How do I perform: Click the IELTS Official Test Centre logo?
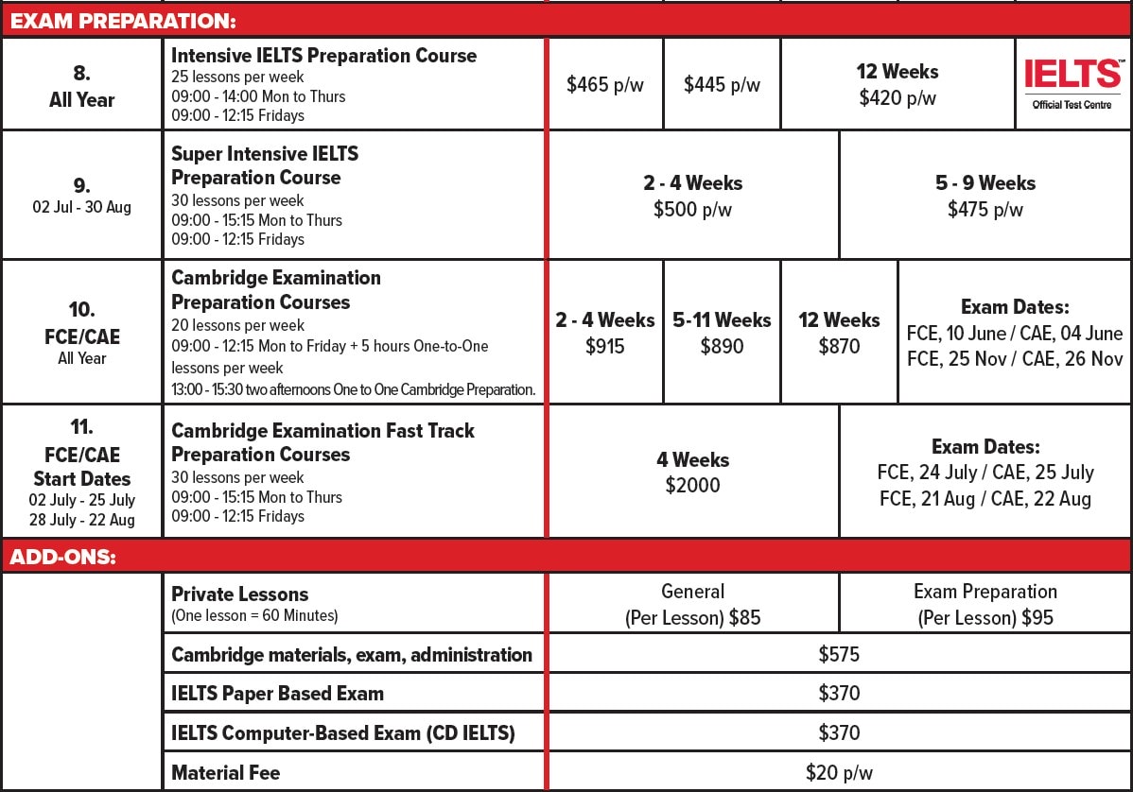1072,83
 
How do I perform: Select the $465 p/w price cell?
605,85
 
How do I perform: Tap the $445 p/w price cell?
722,85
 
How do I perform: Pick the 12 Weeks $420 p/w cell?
898,85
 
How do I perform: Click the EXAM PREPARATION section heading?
124,20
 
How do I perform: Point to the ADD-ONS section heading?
63,557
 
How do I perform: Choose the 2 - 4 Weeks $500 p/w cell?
693,196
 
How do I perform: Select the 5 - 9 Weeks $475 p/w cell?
985,196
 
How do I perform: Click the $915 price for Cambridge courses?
605,346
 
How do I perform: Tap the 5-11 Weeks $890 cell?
722,333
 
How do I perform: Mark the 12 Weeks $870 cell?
839,333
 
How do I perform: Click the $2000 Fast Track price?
693,485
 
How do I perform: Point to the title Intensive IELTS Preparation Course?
323,56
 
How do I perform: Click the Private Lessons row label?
240,594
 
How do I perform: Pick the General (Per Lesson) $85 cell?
693,605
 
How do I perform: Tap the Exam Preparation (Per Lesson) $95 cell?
985,605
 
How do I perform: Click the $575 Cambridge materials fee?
839,654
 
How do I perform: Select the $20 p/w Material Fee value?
839,772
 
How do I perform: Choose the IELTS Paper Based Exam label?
277,694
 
